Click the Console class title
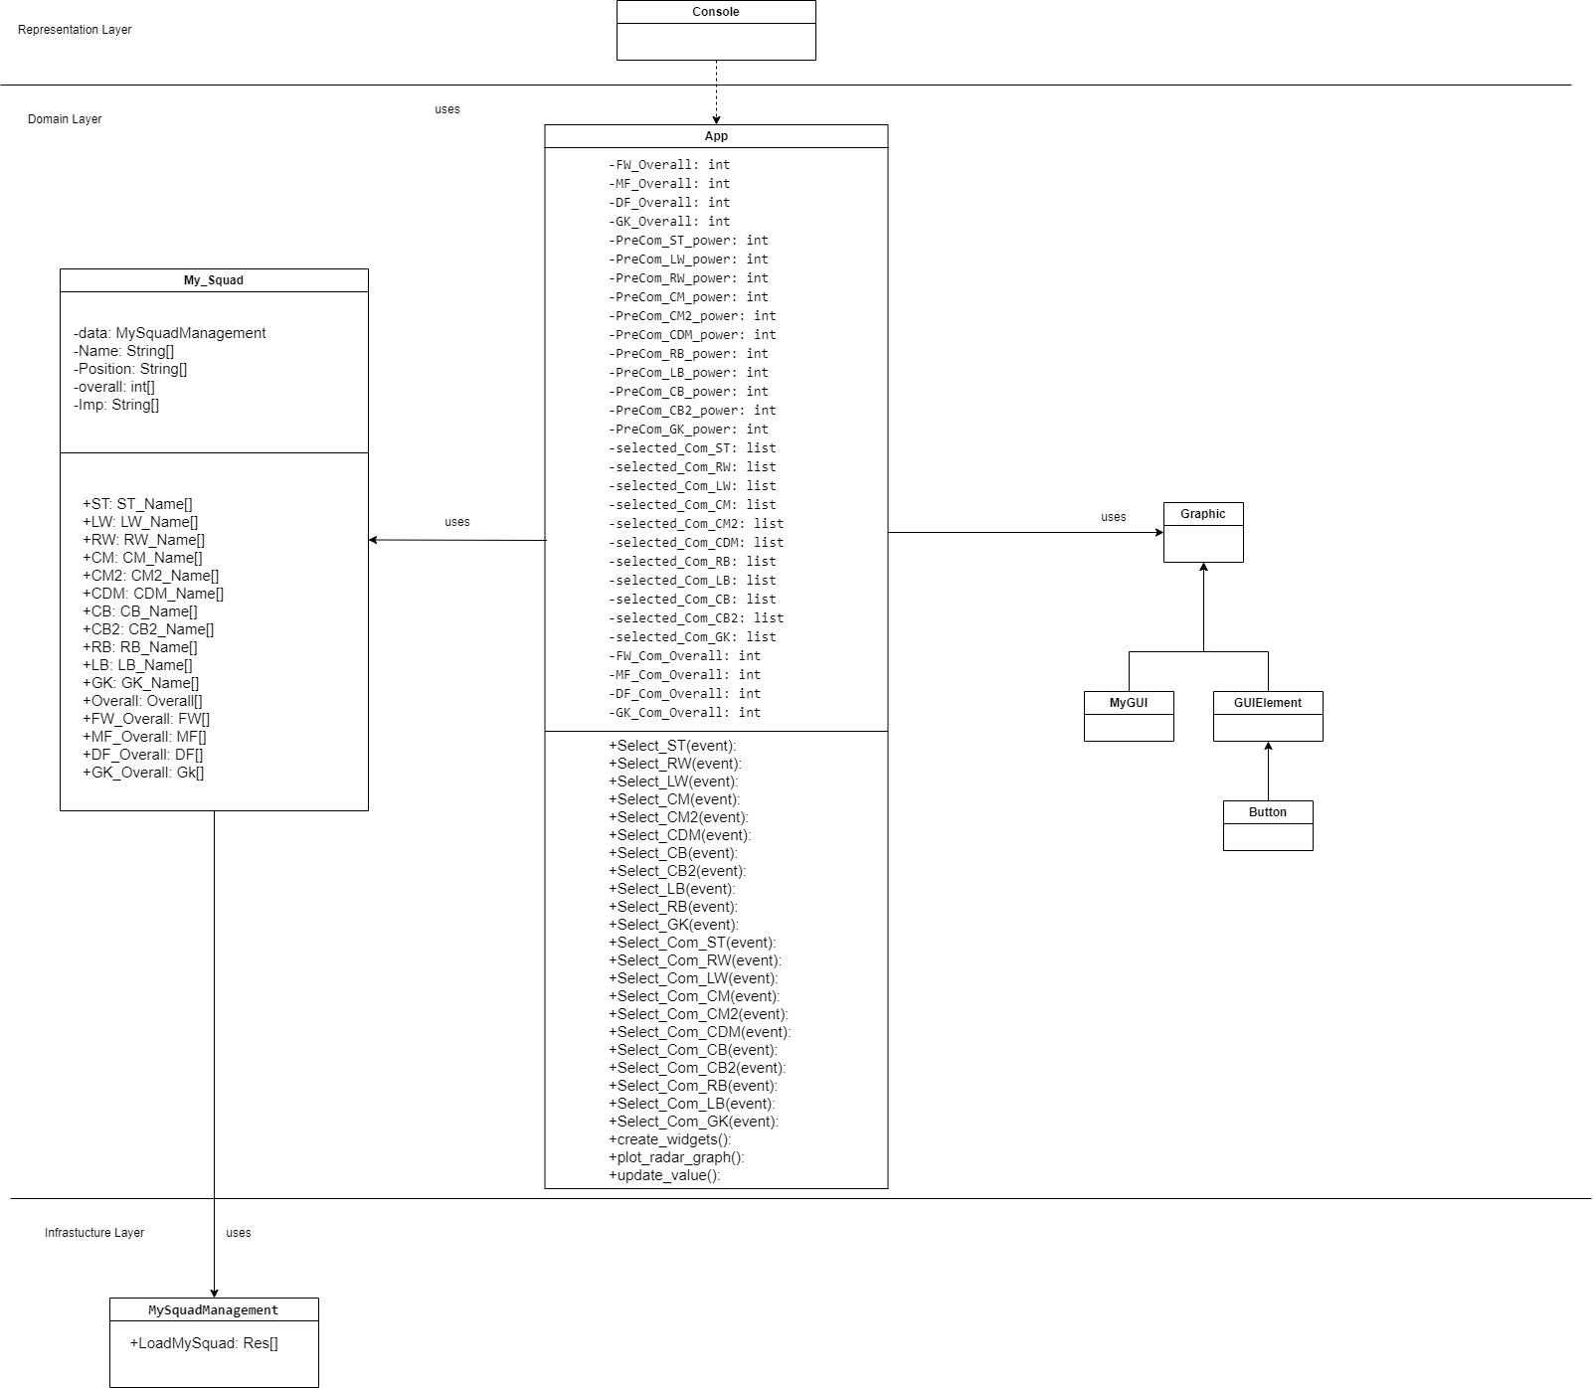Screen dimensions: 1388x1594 pos(716,12)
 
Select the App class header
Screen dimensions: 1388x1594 pos(716,136)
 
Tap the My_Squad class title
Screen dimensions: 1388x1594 pos(214,280)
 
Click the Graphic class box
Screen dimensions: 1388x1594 pos(1203,532)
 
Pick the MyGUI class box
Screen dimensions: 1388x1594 pos(1129,716)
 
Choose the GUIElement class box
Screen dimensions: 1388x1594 pos(1268,716)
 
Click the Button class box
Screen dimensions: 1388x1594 pos(1268,825)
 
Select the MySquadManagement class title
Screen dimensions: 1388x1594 pos(214,1310)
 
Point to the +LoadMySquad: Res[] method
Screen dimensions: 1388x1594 pos(204,1343)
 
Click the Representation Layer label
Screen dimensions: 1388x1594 pos(75,30)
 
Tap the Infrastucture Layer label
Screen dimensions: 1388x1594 pos(94,1233)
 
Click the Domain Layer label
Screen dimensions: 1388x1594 pos(65,119)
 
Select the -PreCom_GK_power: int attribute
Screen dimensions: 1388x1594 pos(688,430)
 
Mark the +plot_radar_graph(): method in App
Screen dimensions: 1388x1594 pos(676,1157)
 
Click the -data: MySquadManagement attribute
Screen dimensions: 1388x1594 pos(169,333)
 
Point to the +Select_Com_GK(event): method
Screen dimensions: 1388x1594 pos(693,1122)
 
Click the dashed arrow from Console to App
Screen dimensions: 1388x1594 pos(716,92)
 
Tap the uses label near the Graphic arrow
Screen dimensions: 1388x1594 pos(1114,517)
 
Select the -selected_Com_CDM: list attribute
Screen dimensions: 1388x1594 pos(696,543)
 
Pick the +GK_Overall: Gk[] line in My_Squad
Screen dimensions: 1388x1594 pos(143,773)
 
